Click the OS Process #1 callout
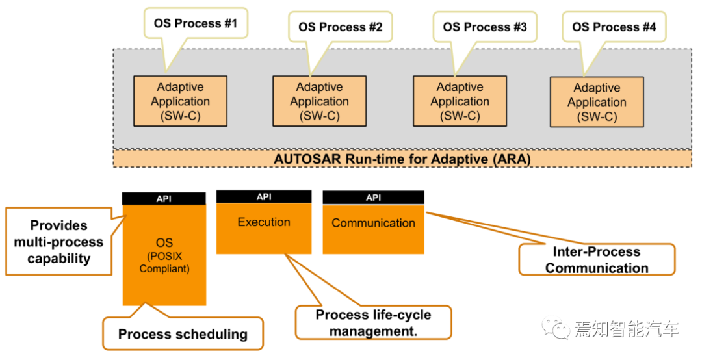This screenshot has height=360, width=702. (x=196, y=23)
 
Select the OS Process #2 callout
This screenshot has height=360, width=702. (x=340, y=27)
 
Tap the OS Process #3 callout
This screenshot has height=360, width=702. (x=485, y=27)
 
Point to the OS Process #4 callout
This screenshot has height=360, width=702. (x=614, y=27)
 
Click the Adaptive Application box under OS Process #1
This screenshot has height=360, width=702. (x=181, y=101)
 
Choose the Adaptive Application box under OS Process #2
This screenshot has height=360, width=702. (x=320, y=101)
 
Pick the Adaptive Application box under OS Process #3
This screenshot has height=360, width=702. (x=460, y=101)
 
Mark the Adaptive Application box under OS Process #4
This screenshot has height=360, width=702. (x=597, y=102)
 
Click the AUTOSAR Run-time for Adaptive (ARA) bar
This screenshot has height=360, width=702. (x=402, y=159)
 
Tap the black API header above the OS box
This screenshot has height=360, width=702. (x=164, y=199)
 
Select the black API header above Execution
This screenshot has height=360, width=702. (x=264, y=196)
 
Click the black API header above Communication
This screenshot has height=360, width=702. (x=373, y=198)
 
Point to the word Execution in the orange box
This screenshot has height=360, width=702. (x=264, y=222)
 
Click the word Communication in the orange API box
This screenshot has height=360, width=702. (x=373, y=223)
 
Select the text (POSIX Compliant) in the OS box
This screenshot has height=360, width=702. (x=164, y=263)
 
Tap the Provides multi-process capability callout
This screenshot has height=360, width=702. (x=58, y=242)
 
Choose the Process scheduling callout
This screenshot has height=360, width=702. (x=183, y=333)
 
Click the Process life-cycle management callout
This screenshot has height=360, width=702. (x=373, y=323)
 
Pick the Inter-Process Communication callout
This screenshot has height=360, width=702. (x=597, y=260)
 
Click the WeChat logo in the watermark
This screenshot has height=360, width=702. (x=556, y=328)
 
